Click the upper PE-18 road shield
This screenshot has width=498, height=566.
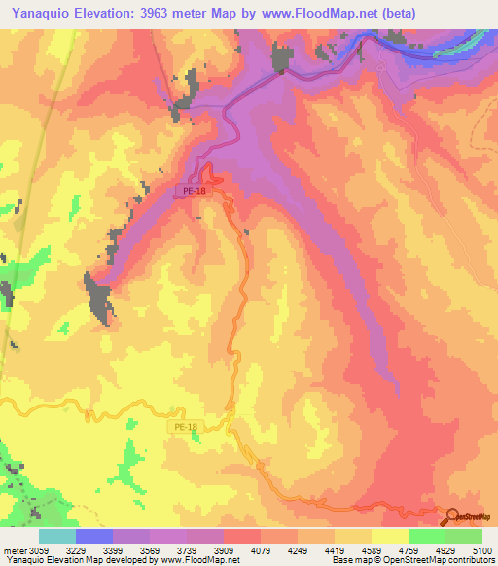(193, 192)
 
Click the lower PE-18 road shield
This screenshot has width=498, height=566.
(185, 427)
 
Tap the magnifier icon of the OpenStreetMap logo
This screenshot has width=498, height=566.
(451, 517)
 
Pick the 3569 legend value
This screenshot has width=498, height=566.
(150, 548)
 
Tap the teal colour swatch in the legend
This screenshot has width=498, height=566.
(57, 536)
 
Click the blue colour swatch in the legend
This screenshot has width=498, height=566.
(94, 536)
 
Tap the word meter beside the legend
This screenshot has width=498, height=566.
(14, 548)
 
